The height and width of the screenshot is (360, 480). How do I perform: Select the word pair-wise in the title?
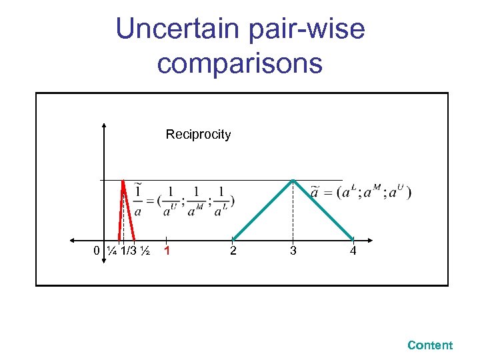pos(308,29)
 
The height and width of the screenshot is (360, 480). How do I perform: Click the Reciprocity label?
pos(198,135)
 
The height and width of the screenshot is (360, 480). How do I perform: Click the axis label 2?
pos(233,251)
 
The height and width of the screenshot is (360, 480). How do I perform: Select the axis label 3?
pos(293,251)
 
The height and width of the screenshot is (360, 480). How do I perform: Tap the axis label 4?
pos(353,251)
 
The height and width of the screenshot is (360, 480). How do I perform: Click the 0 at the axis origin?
pos(97,251)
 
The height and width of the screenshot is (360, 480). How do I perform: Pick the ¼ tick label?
pos(111,251)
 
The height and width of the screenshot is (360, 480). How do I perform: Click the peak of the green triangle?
pos(293,180)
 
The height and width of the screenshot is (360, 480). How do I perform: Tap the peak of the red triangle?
pos(123,179)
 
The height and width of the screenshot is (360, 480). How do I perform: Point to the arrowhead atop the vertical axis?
pos(105,125)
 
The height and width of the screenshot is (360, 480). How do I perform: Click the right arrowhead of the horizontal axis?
pos(371,240)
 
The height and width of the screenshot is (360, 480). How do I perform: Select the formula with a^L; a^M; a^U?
pos(361,193)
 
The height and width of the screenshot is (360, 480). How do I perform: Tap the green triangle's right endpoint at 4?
pos(353,239)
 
